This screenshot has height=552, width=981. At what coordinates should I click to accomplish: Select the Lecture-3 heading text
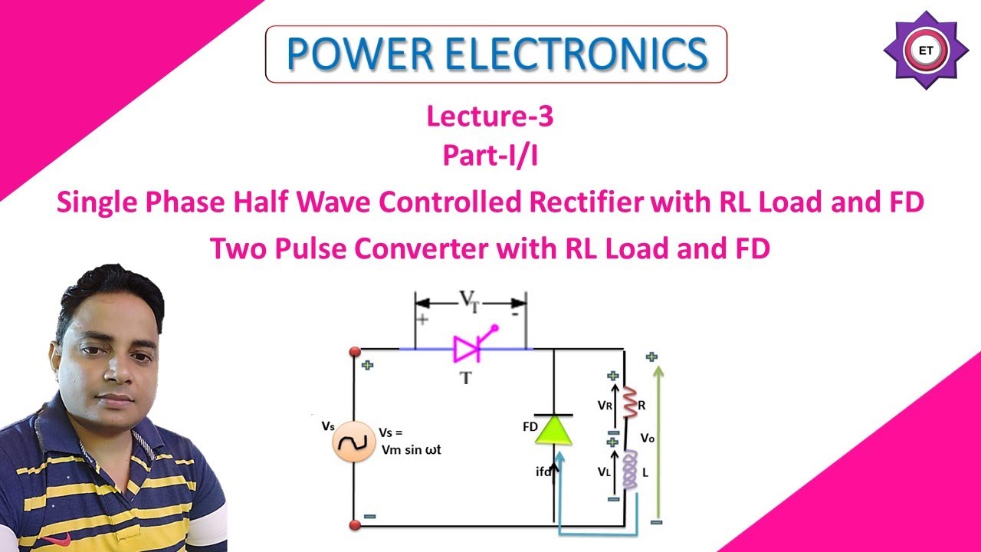click(490, 117)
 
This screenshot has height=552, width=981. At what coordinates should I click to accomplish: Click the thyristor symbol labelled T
click(467, 350)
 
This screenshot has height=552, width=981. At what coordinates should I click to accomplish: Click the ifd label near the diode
click(543, 472)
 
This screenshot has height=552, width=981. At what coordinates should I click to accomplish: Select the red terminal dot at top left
click(354, 351)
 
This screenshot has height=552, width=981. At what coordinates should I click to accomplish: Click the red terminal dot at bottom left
click(355, 525)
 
